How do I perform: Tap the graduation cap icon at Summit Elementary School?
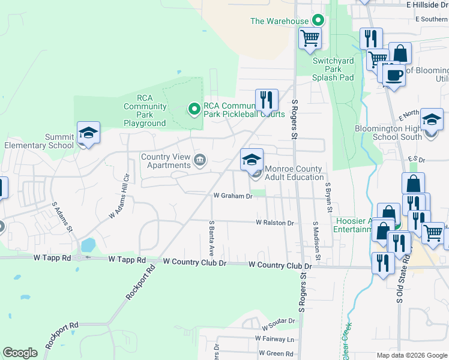pyautogui.click(x=88, y=133)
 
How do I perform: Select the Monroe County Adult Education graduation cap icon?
pyautogui.click(x=252, y=160)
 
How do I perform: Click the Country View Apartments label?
pyautogui.click(x=165, y=161)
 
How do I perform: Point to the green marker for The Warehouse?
pyautogui.click(x=318, y=20)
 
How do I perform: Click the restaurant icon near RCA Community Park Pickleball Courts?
pyautogui.click(x=267, y=100)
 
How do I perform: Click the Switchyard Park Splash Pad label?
pyautogui.click(x=333, y=69)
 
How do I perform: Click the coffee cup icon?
pyautogui.click(x=394, y=75)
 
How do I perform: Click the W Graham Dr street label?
pyautogui.click(x=233, y=196)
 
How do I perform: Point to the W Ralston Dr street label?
pyautogui.click(x=275, y=223)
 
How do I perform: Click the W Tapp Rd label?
pyautogui.click(x=127, y=260)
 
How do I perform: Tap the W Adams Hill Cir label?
pyautogui.click(x=119, y=205)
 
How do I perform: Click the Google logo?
pyautogui.click(x=20, y=352)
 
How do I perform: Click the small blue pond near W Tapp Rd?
pyautogui.click(x=88, y=245)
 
